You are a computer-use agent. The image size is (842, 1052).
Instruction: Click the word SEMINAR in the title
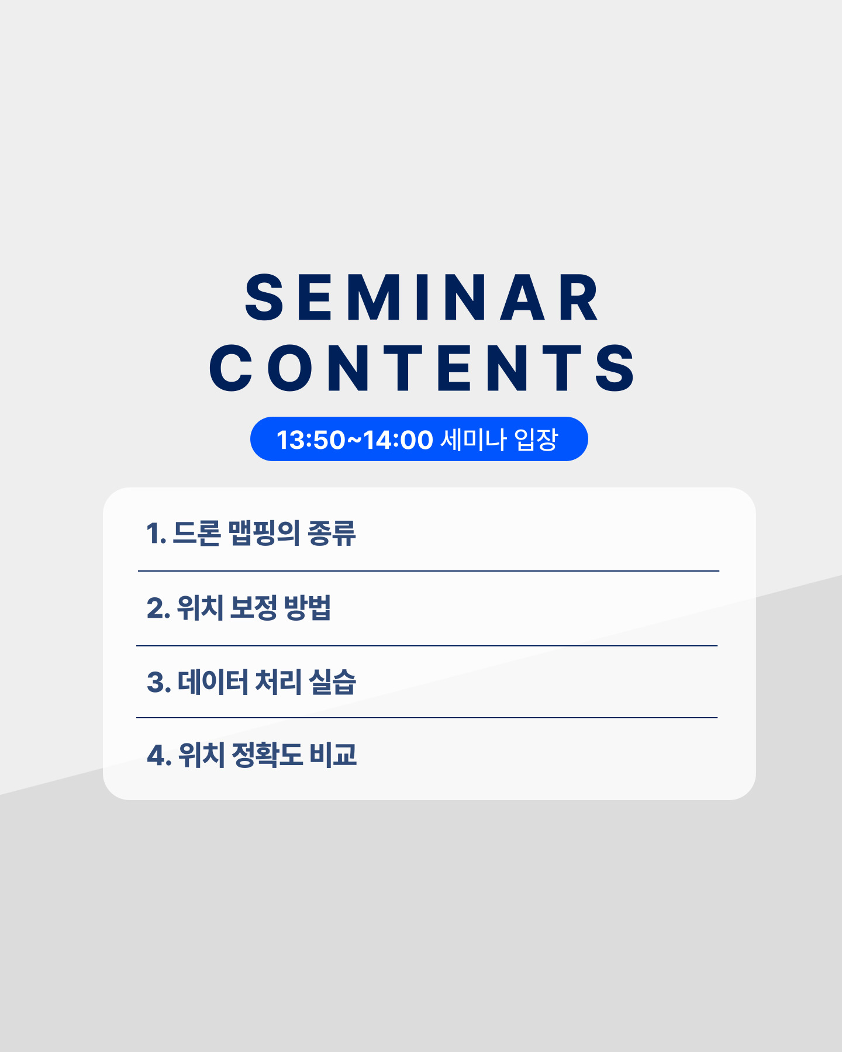422,297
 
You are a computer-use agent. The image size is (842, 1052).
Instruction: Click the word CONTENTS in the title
422,368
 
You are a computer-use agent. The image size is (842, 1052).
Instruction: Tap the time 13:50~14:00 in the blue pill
354,440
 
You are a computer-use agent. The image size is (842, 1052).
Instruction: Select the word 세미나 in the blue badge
473,440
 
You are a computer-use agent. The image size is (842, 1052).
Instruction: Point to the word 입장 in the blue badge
536,440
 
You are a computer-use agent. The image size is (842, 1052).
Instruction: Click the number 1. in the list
156,533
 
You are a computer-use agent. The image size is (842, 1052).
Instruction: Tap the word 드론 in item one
197,533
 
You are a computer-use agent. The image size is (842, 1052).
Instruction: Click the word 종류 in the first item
332,533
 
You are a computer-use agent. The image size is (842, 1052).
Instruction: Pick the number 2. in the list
158,608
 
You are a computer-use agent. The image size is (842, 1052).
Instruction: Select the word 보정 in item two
253,608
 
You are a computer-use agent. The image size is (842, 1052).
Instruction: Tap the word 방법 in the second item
308,608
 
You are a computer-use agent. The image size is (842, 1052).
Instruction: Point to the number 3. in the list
159,682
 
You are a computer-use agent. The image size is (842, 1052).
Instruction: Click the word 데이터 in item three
213,682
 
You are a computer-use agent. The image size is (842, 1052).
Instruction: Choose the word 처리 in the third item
278,682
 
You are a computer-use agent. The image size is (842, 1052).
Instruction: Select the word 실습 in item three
332,682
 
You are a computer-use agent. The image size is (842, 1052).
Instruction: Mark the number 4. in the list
159,755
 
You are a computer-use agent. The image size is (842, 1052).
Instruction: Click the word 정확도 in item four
267,755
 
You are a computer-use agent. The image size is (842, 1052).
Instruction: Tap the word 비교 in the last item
333,755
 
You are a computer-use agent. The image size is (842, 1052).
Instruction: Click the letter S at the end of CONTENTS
615,368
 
